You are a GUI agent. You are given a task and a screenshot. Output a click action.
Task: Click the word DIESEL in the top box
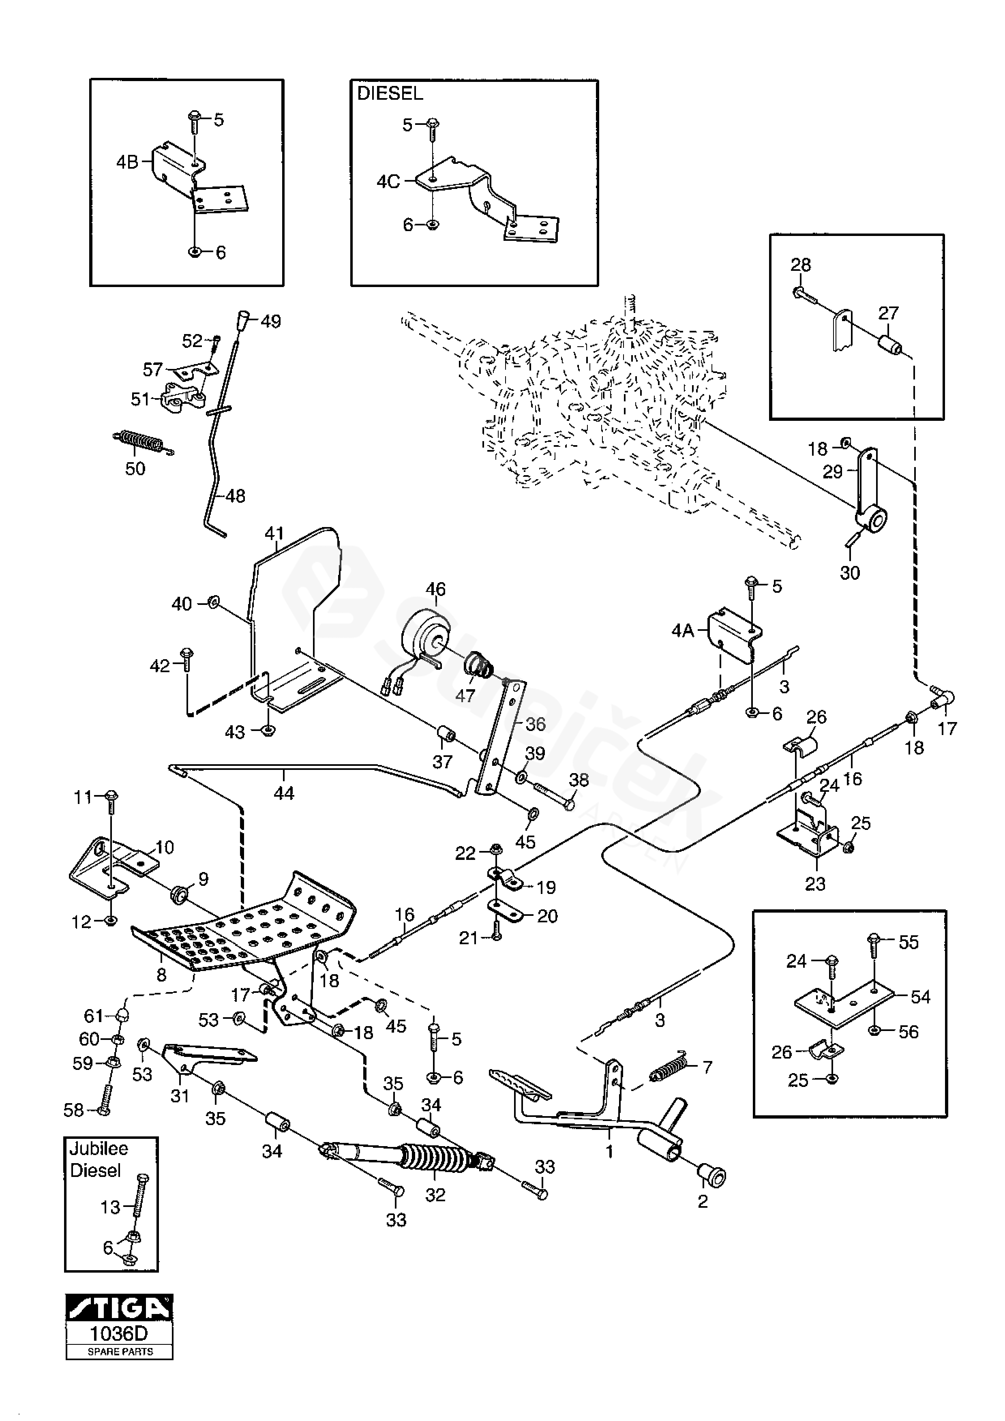click(x=390, y=94)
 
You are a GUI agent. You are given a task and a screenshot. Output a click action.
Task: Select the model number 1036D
click(x=120, y=1333)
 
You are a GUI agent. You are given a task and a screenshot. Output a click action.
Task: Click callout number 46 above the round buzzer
click(x=436, y=589)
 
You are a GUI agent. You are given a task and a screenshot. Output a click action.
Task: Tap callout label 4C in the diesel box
click(x=388, y=182)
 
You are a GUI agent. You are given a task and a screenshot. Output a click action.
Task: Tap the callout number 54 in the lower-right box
click(x=920, y=997)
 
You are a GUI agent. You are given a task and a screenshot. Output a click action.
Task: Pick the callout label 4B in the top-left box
click(x=127, y=162)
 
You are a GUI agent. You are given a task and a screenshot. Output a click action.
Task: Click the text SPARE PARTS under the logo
click(x=120, y=1352)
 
